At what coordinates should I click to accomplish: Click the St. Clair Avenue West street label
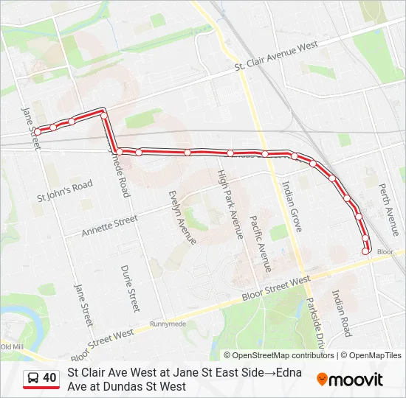276,56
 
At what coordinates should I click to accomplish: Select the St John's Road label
65,192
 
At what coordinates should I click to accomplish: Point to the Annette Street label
109,225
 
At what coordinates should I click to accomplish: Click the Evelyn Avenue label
182,217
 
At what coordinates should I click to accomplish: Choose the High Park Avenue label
229,204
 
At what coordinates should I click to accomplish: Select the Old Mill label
13,346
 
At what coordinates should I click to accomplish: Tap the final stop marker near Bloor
365,251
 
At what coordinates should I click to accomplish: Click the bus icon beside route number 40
33,378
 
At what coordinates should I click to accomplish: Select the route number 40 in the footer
49,378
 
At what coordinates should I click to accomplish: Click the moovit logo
350,380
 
